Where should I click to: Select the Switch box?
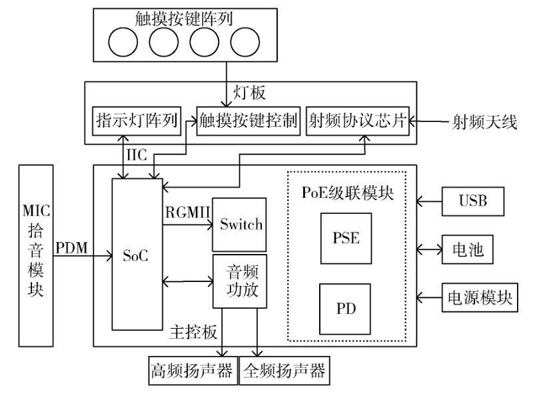pos(239,224)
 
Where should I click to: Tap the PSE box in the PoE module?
pos(346,238)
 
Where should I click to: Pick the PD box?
pos(346,309)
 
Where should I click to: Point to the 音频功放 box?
pos(239,281)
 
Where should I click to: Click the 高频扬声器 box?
pos(192,369)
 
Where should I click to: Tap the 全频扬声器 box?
pos(284,369)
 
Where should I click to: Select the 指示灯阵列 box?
pos(136,121)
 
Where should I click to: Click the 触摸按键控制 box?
pos(248,121)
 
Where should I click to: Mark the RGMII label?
pos(187,212)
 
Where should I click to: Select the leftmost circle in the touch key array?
pos(123,43)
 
